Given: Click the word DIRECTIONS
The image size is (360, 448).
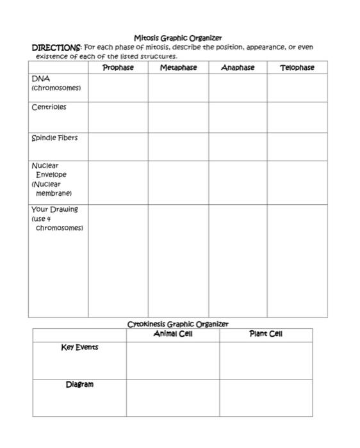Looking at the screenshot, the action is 56,47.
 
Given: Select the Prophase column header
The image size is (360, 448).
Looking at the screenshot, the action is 118,67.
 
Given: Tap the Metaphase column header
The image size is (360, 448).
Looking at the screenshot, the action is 178,67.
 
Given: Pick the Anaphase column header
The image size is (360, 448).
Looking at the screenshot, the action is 238,67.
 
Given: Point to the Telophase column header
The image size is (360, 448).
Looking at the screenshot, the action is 297,67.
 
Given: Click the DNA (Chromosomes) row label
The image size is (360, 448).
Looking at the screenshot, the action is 56,82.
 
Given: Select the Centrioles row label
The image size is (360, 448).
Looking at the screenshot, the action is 49,107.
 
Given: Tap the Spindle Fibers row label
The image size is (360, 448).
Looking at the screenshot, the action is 54,138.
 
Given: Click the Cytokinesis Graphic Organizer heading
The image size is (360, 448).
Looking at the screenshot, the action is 178,324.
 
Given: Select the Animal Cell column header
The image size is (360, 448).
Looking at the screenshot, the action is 173,334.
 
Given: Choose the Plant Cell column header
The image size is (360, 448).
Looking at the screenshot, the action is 266,334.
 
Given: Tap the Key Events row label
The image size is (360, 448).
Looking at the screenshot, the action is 79,347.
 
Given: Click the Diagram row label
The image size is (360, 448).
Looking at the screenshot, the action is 79,384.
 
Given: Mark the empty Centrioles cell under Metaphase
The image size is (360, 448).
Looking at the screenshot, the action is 178,117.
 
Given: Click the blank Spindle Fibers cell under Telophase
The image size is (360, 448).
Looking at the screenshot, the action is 297,147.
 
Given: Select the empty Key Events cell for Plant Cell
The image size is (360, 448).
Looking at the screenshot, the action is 266,360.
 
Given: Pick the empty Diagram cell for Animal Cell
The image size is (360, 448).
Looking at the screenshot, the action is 173,397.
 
